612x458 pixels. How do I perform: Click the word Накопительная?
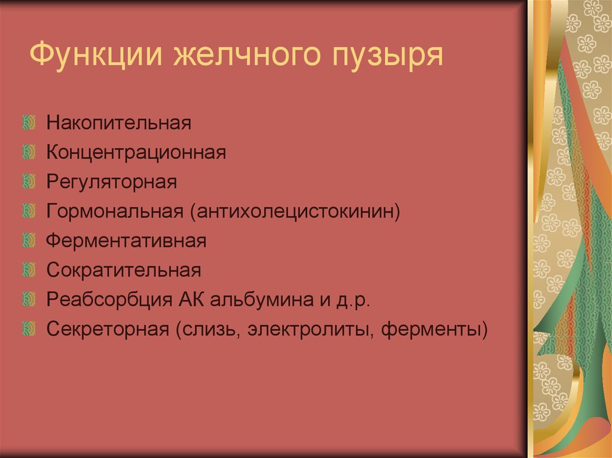pos(119,124)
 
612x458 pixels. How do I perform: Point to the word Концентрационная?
pos(136,153)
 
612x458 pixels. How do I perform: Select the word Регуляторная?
pos(112,182)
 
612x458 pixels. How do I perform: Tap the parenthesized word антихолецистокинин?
pos(295,211)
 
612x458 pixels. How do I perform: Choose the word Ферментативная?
pos(126,241)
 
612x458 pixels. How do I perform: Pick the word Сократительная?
pos(124,270)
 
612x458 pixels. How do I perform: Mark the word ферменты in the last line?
pos(435,328)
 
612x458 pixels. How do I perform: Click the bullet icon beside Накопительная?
pos(27,124)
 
